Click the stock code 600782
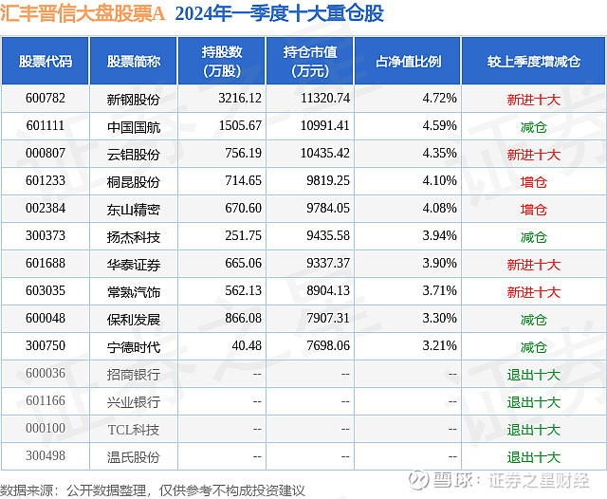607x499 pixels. (45, 99)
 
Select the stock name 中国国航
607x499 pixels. (134, 126)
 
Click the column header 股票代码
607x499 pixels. (45, 62)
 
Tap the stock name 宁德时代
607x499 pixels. (134, 347)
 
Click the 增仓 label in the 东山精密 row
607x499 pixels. (533, 209)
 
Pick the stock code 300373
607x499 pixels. (45, 236)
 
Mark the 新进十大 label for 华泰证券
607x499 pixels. (533, 265)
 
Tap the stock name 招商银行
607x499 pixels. (134, 375)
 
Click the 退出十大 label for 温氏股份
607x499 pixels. (533, 457)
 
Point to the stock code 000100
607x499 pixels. (45, 430)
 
